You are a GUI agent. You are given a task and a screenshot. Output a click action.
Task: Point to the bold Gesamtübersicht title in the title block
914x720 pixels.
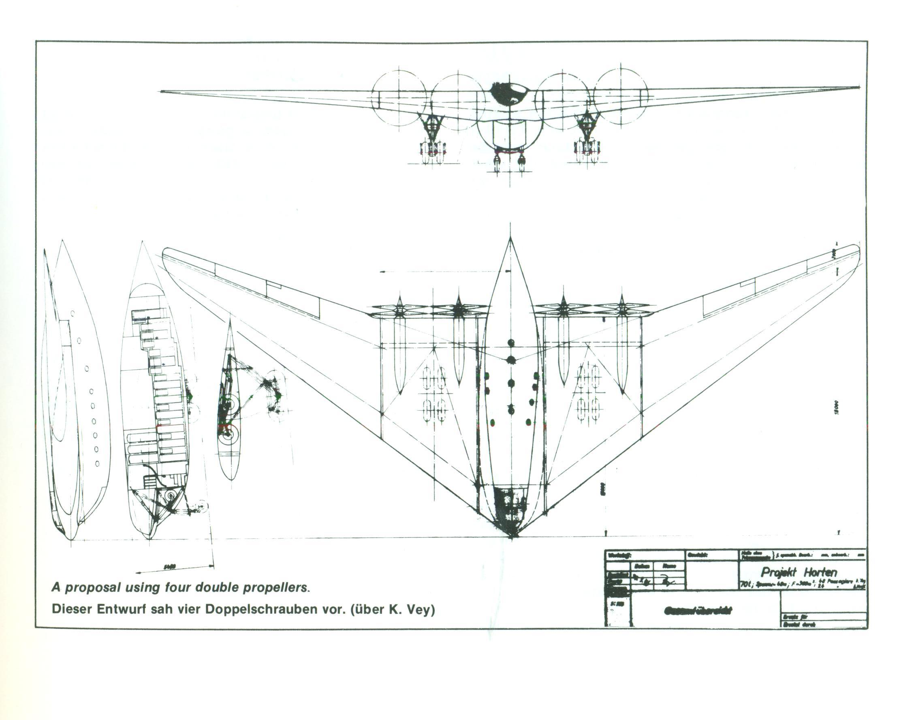pos(698,611)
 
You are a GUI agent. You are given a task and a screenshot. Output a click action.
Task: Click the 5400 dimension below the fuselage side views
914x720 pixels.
pos(169,568)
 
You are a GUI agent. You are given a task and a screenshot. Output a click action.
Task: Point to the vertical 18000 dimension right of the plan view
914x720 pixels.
pos(836,408)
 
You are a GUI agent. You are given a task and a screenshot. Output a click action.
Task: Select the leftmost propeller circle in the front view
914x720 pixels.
pos(398,97)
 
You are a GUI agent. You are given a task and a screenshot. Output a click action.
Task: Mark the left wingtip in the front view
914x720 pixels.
pos(162,91)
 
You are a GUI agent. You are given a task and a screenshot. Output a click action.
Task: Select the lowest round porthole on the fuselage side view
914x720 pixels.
pos(97,463)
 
